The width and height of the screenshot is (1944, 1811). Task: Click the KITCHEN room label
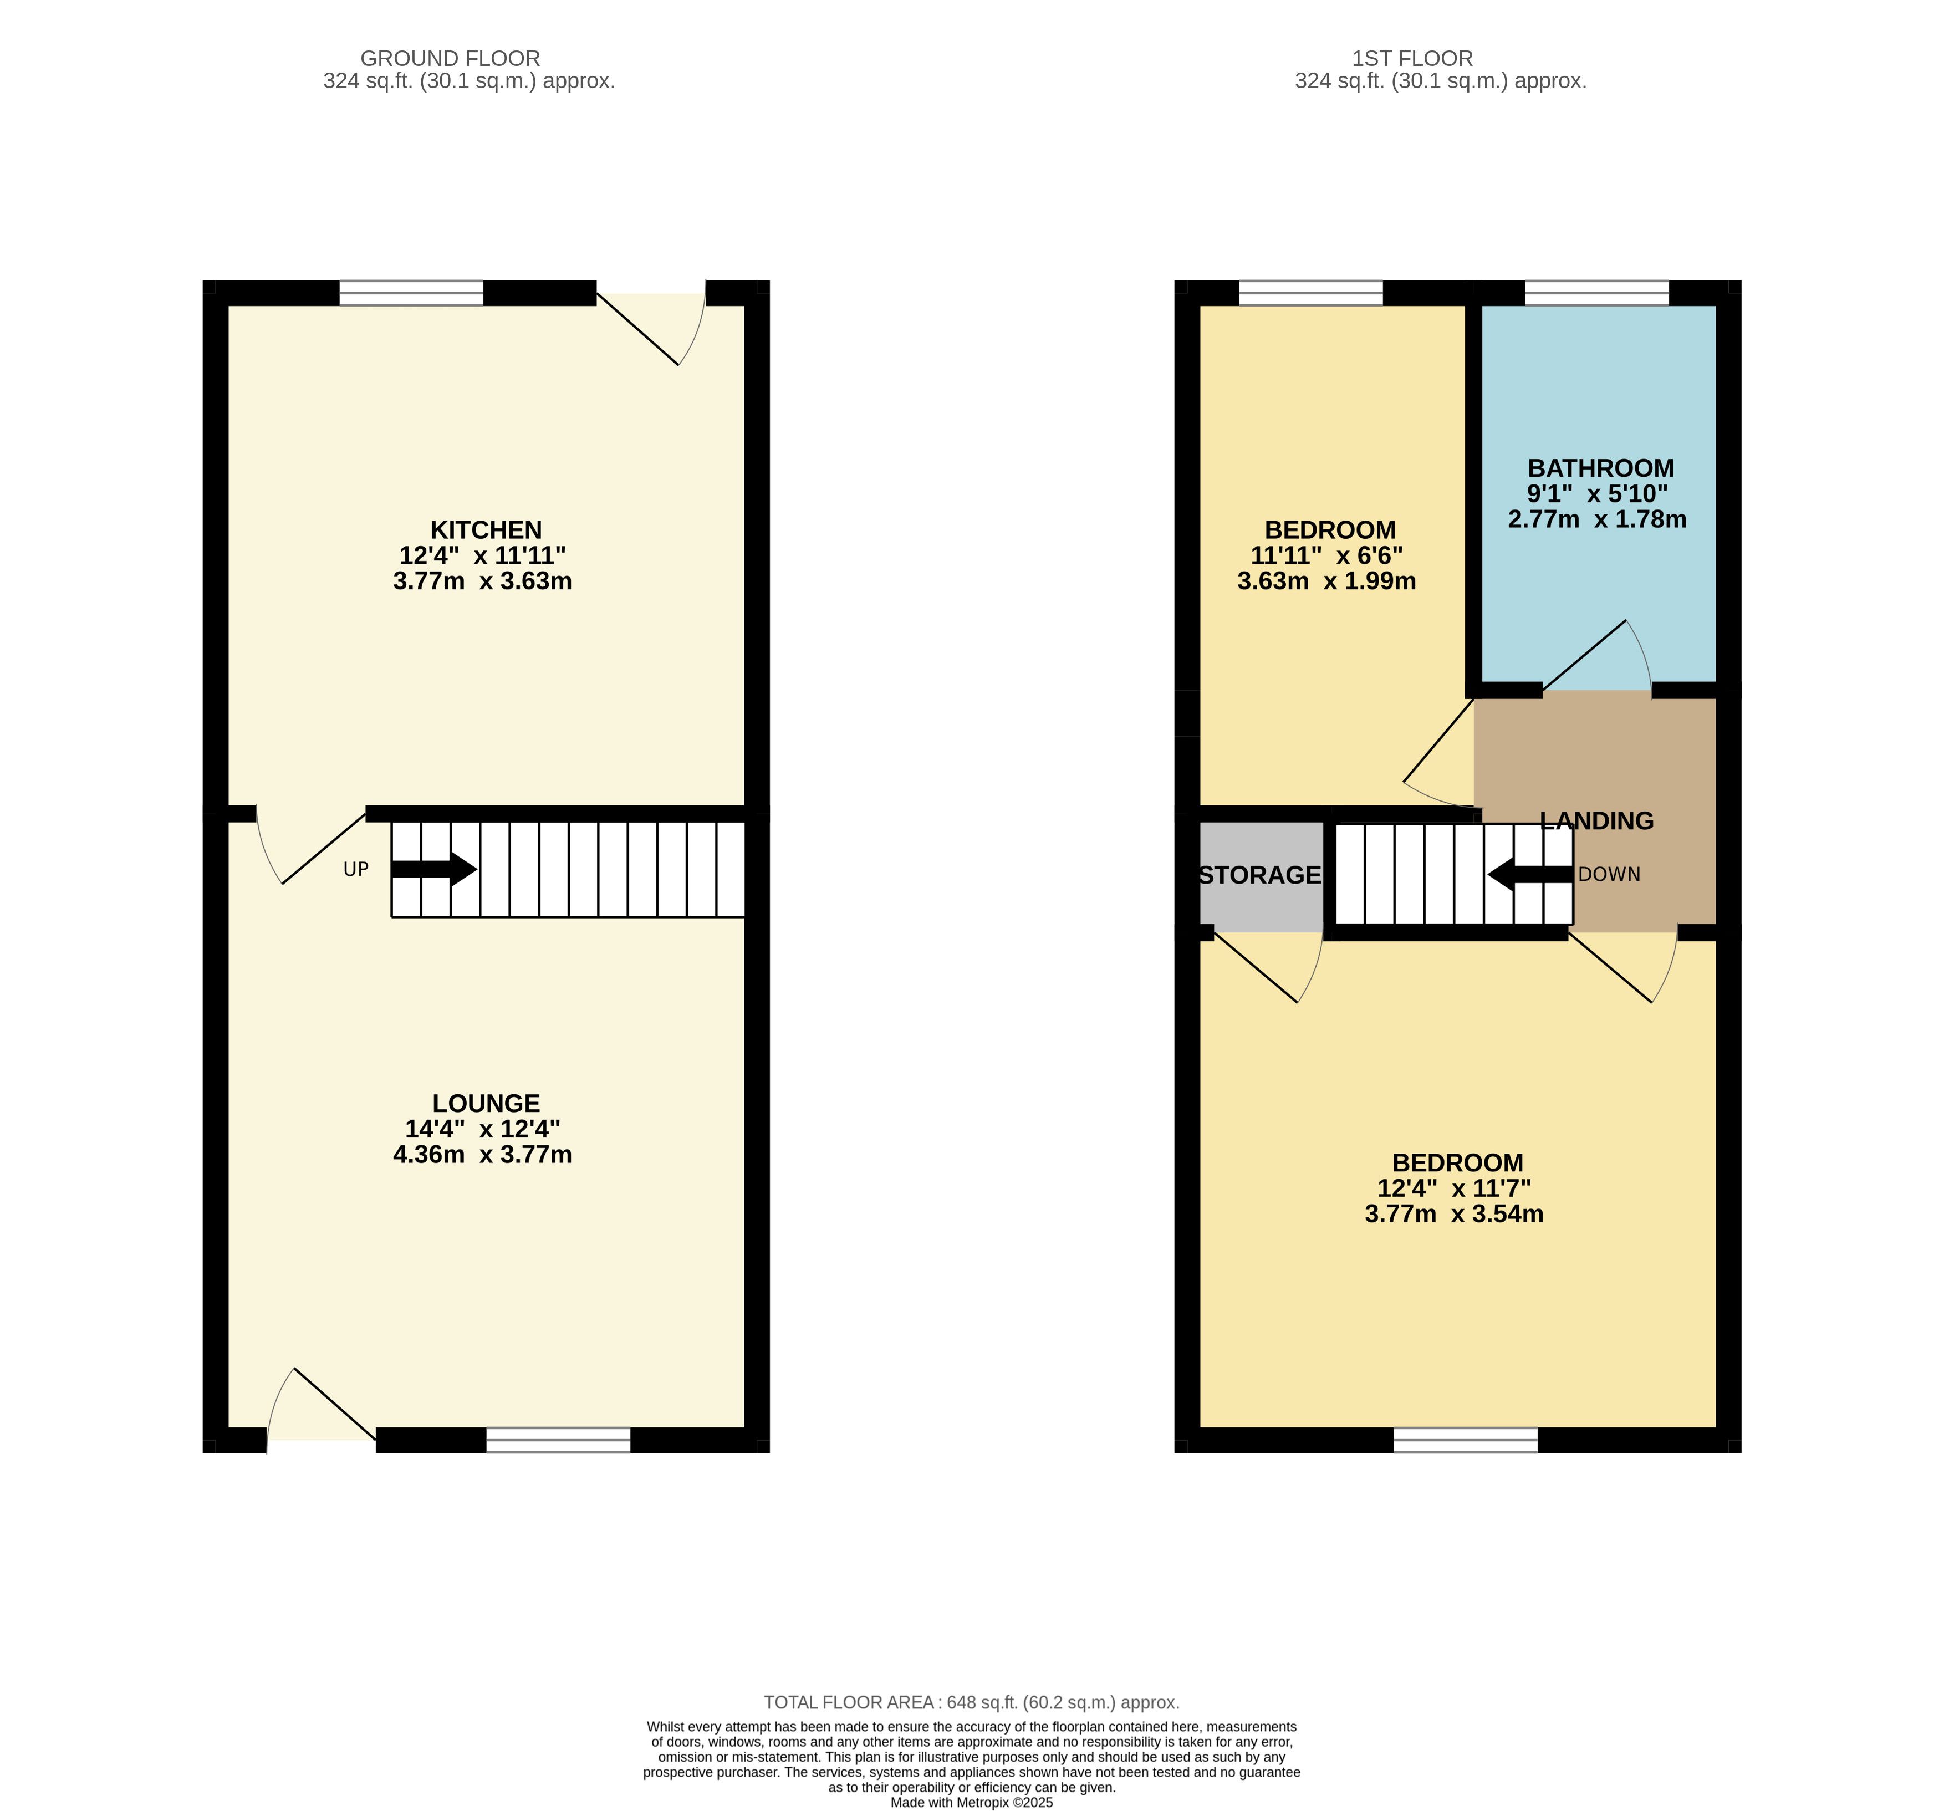point(486,530)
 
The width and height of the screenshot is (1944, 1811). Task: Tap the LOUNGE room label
point(486,1103)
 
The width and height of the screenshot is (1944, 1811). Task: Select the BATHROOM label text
point(1601,468)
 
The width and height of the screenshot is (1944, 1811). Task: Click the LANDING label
point(1597,822)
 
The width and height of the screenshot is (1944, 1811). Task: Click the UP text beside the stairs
point(356,869)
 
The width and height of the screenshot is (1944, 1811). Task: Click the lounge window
point(558,1440)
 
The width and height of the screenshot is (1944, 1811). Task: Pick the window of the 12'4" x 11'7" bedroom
point(1466,1440)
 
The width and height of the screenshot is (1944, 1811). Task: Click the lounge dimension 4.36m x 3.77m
point(482,1155)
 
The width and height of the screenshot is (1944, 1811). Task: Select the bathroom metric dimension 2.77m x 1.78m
point(1597,519)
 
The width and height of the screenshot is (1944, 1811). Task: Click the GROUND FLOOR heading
point(450,59)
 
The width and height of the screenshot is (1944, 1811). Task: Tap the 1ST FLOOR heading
point(1412,59)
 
